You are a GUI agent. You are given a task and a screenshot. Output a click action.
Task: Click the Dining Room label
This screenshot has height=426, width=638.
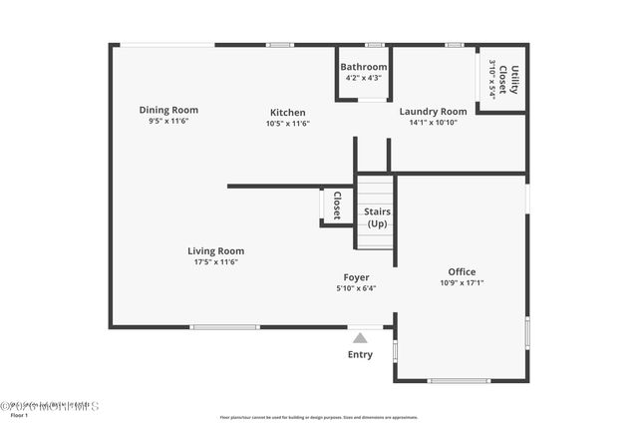tap(168, 110)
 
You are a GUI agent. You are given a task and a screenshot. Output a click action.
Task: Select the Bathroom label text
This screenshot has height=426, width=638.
tap(363, 67)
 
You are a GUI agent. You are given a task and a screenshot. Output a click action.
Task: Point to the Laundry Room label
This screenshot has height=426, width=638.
tap(433, 112)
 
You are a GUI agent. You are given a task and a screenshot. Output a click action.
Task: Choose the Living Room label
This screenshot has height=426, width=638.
tap(215, 251)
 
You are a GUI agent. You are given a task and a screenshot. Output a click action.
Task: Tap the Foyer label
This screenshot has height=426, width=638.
tap(356, 277)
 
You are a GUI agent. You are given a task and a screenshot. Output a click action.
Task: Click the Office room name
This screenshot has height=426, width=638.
tap(462, 271)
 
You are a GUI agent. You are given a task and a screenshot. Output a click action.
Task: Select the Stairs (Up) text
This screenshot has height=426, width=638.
tap(377, 217)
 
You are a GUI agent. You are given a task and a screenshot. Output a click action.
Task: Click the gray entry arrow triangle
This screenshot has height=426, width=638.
tap(360, 338)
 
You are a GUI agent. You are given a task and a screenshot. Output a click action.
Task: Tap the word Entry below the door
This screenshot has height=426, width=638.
tap(360, 354)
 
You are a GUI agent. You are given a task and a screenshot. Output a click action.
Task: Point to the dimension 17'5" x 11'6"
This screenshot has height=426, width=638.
tap(215, 262)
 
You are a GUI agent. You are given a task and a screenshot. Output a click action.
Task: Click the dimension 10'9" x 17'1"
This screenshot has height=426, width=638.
tap(462, 282)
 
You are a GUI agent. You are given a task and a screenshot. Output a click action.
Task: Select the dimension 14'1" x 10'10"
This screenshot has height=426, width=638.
tap(433, 123)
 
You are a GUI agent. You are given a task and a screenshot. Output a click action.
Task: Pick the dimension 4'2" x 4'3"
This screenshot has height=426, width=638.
tap(363, 78)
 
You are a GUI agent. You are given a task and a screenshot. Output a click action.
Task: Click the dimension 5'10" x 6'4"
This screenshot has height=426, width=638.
tap(356, 288)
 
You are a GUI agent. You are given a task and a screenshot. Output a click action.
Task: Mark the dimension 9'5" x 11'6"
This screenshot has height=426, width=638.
tap(168, 121)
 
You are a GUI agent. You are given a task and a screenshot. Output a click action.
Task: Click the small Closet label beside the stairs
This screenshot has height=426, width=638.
tap(337, 206)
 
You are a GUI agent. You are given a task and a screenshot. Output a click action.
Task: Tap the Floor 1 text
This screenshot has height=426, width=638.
tap(20, 416)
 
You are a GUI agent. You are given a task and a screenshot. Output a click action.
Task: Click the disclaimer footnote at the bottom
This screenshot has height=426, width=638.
tap(319, 418)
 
